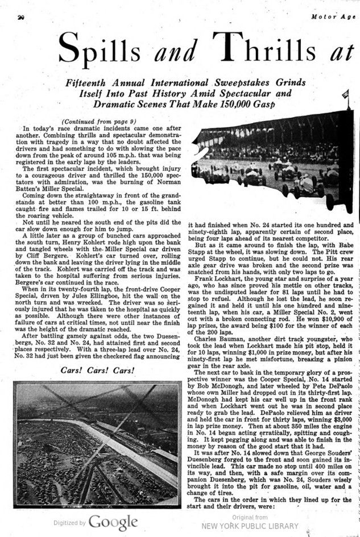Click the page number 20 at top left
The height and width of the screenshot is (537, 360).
(x=20, y=18)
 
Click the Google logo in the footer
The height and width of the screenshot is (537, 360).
(x=113, y=522)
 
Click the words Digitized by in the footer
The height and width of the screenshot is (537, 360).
(x=69, y=522)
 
